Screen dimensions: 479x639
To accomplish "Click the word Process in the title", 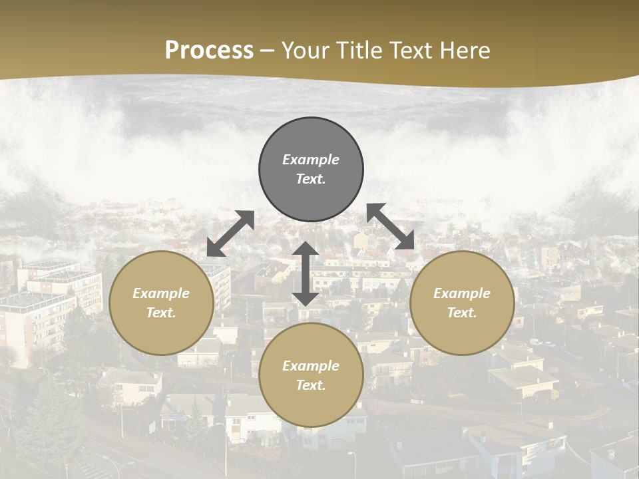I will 209,51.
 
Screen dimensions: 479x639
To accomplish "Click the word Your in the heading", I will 307,51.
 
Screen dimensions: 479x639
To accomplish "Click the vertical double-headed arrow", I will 306,273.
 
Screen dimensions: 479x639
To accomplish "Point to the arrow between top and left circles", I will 230,234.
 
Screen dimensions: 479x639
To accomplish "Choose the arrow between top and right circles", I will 391,226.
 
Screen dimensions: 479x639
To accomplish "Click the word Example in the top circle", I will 311,160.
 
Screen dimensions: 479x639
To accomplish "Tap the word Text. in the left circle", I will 161,313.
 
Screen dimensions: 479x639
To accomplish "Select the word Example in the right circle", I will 462,293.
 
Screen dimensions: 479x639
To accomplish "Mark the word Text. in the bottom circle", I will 311,385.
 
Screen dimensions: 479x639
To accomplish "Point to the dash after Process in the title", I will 268,51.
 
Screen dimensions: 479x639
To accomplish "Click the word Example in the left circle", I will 161,293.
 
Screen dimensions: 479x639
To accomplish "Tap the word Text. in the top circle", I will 311,179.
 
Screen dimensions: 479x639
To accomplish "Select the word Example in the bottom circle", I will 311,366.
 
